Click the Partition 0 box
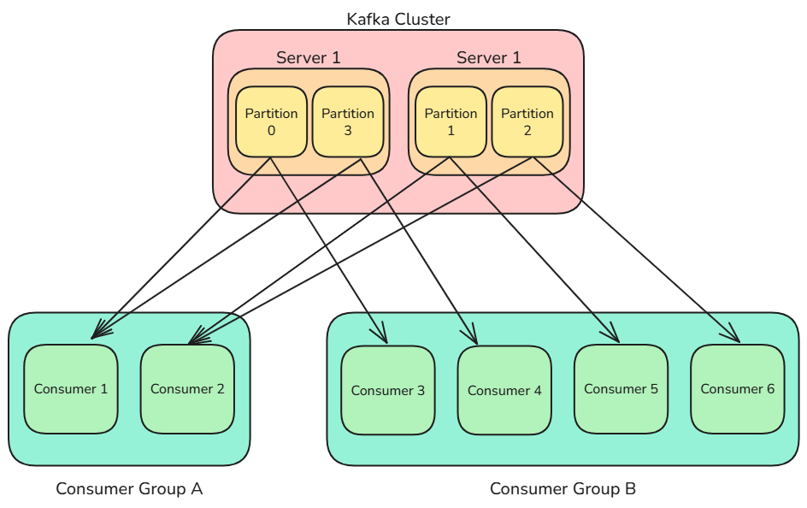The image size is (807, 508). [271, 121]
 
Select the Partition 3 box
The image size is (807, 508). [347, 121]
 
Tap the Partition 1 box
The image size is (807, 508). [451, 121]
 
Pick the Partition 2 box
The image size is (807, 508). [527, 121]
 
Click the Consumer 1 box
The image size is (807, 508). [71, 389]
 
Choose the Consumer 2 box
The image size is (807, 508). [187, 389]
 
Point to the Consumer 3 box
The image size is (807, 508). [388, 391]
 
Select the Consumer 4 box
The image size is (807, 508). [504, 391]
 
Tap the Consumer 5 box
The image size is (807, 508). [621, 389]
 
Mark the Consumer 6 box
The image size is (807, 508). [737, 389]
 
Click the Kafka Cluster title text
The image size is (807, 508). [398, 19]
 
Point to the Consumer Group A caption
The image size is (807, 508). [129, 489]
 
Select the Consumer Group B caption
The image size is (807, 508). [563, 489]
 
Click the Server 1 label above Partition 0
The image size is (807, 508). [309, 58]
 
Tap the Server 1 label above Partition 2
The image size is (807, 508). [489, 58]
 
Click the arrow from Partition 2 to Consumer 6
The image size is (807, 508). [637, 251]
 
